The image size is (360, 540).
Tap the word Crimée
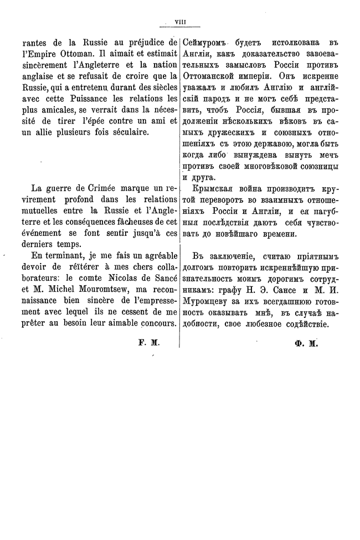point(104,189)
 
